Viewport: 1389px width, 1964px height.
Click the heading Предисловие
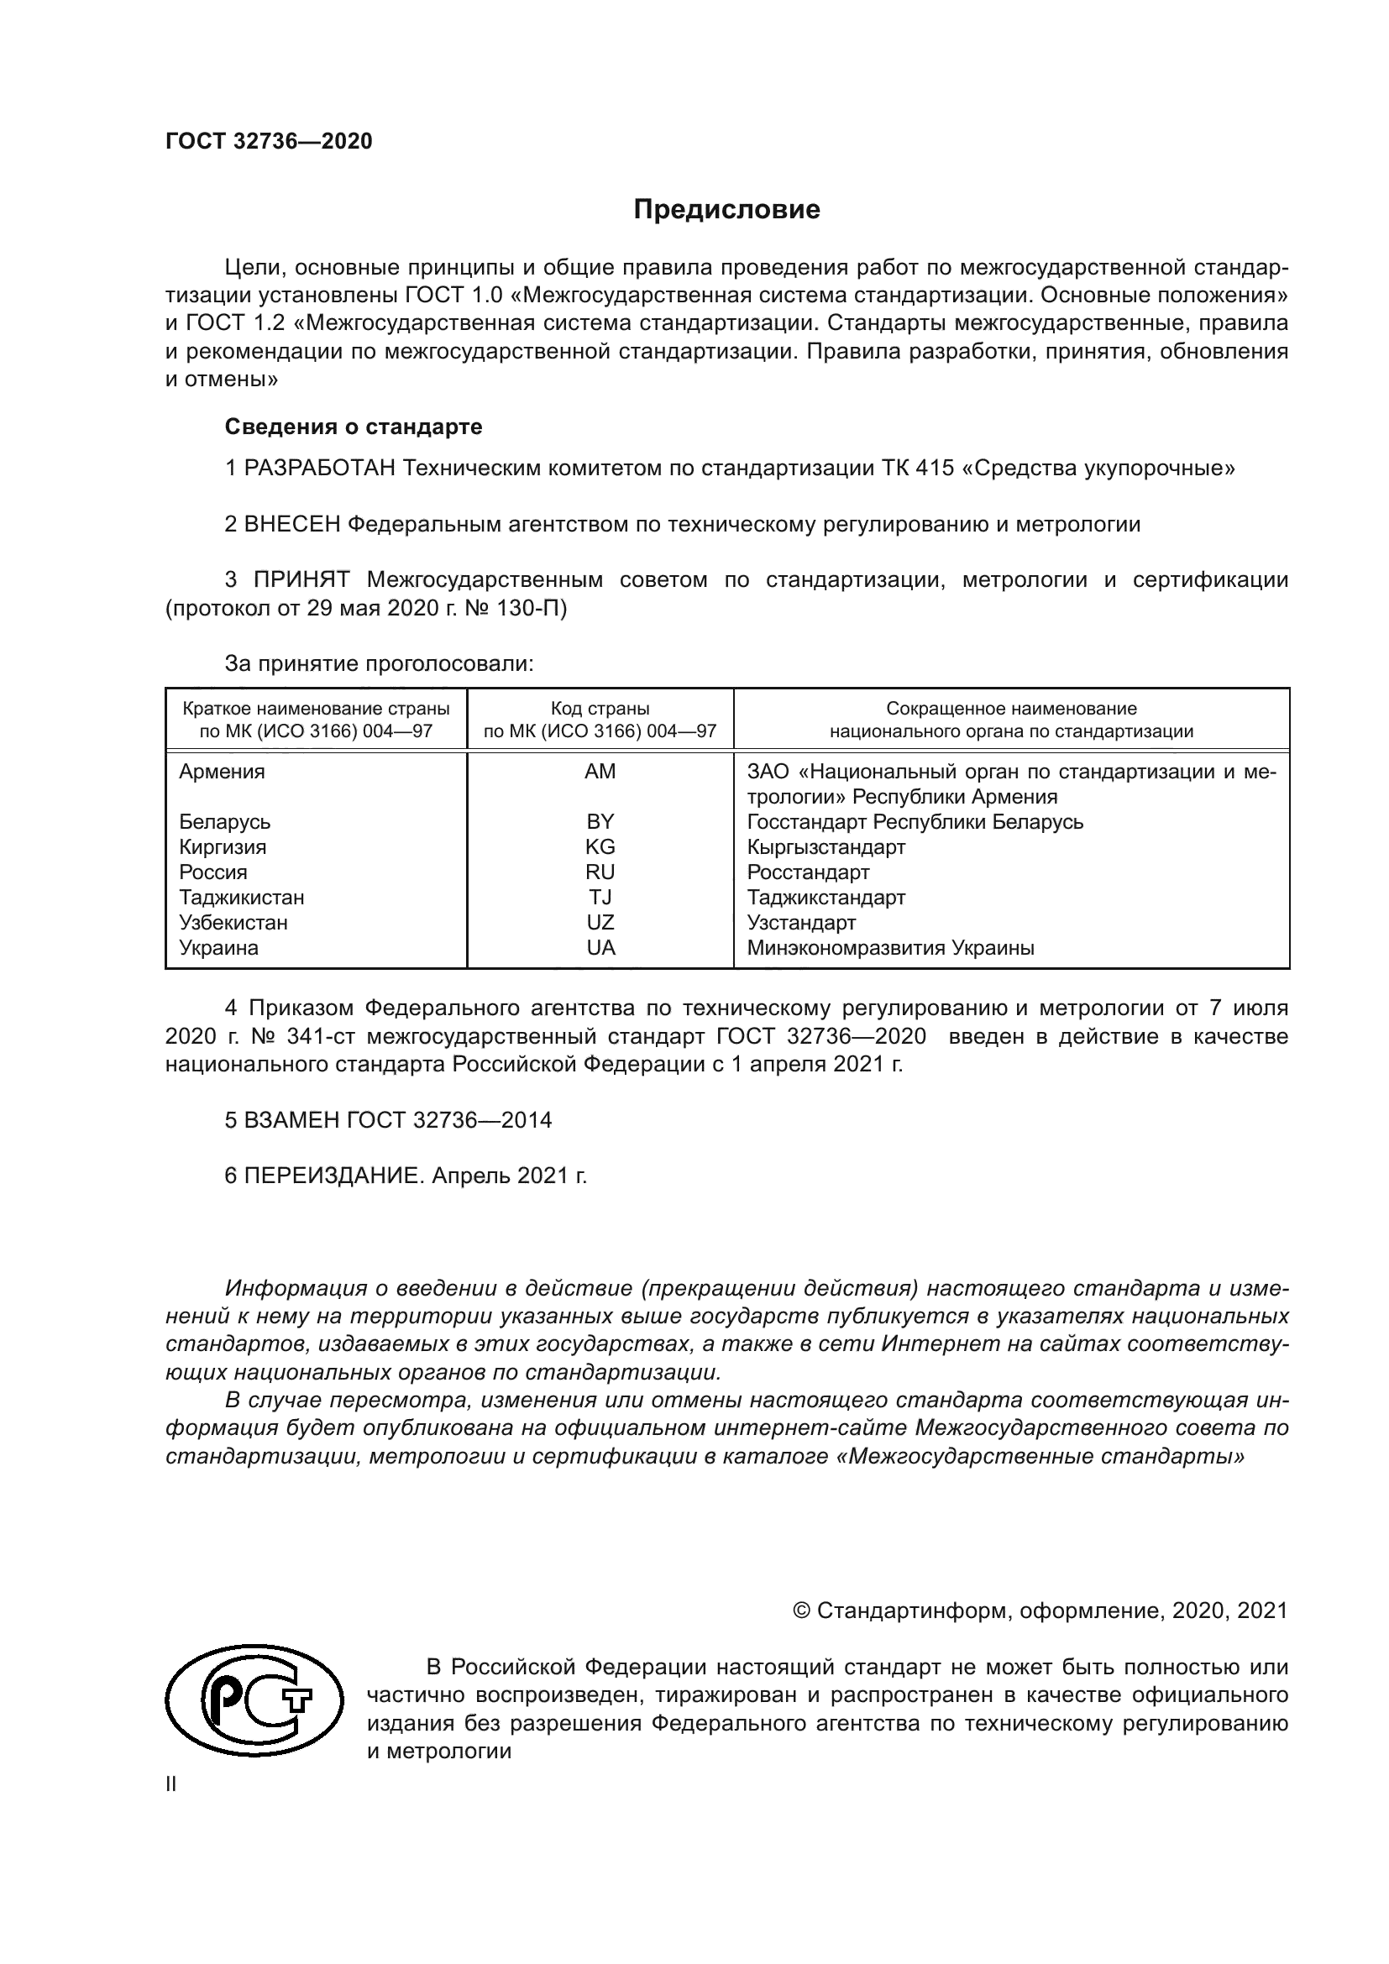[x=726, y=210]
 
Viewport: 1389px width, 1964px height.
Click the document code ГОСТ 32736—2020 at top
[x=269, y=142]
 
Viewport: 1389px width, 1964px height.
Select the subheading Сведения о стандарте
[x=354, y=426]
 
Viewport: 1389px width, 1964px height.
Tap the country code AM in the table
[x=600, y=772]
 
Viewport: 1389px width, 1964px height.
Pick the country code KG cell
[x=600, y=847]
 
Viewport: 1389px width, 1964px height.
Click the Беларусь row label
[x=224, y=822]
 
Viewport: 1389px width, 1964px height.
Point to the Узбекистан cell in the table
[x=233, y=923]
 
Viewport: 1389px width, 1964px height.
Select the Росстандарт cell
[x=807, y=872]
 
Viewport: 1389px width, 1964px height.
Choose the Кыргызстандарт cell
[x=826, y=847]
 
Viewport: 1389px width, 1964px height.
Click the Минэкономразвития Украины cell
[x=890, y=948]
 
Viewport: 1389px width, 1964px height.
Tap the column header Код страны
[x=600, y=709]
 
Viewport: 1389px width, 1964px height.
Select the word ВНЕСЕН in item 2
[x=292, y=524]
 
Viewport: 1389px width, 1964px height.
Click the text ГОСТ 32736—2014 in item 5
[x=449, y=1120]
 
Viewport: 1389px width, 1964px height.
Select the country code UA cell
[x=600, y=948]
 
